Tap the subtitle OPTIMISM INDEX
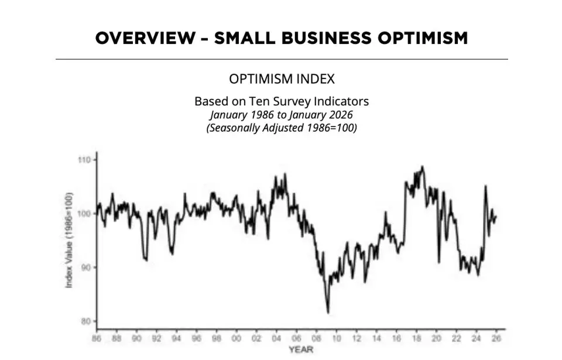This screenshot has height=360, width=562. pyautogui.click(x=282, y=79)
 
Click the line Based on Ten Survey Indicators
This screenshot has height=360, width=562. pyautogui.click(x=282, y=101)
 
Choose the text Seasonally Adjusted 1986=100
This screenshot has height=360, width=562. pyautogui.click(x=282, y=127)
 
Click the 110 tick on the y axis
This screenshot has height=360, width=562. pyautogui.click(x=85, y=159)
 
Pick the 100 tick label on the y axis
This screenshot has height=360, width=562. pyautogui.click(x=85, y=213)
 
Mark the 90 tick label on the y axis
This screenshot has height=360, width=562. pyautogui.click(x=86, y=267)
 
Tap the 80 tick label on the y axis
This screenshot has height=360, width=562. pyautogui.click(x=86, y=321)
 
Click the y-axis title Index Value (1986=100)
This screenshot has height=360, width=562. pyautogui.click(x=68, y=239)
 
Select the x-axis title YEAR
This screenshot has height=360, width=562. pyautogui.click(x=300, y=349)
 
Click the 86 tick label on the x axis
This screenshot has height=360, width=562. pyautogui.click(x=96, y=338)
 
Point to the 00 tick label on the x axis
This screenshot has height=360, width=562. pyautogui.click(x=236, y=338)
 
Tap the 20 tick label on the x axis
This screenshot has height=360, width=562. pyautogui.click(x=437, y=338)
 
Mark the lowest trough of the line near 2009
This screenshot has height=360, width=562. pyautogui.click(x=328, y=313)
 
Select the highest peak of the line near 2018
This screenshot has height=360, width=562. pyautogui.click(x=423, y=167)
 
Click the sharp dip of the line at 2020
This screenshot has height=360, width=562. pyautogui.click(x=439, y=262)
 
